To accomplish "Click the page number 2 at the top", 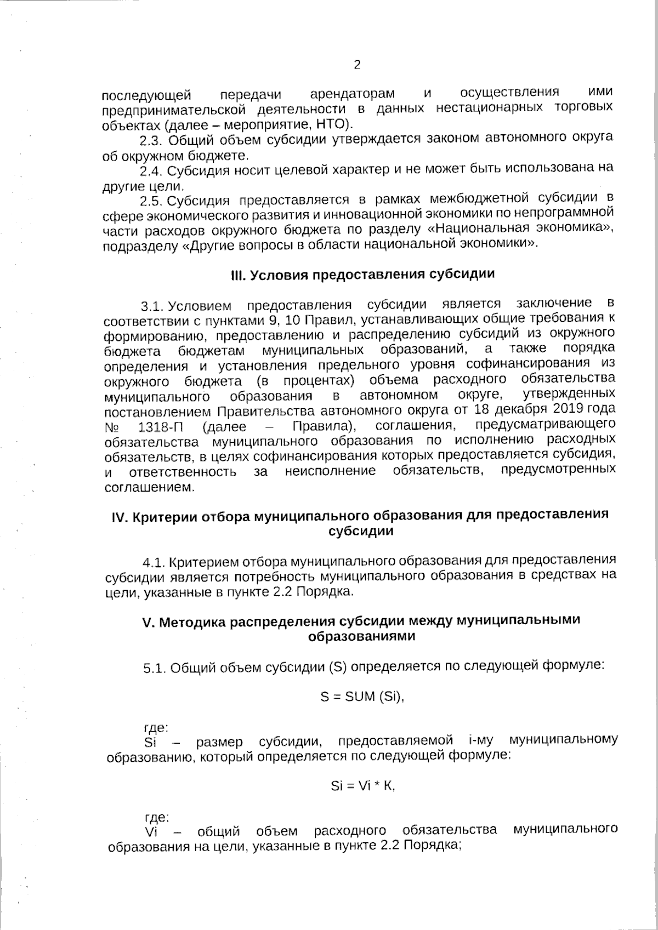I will point(357,65).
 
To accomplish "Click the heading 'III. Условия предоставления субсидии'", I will point(362,274).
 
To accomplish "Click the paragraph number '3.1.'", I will point(153,305).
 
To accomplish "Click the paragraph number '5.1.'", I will point(154,667).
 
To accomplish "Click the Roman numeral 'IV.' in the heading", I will point(119,516).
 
